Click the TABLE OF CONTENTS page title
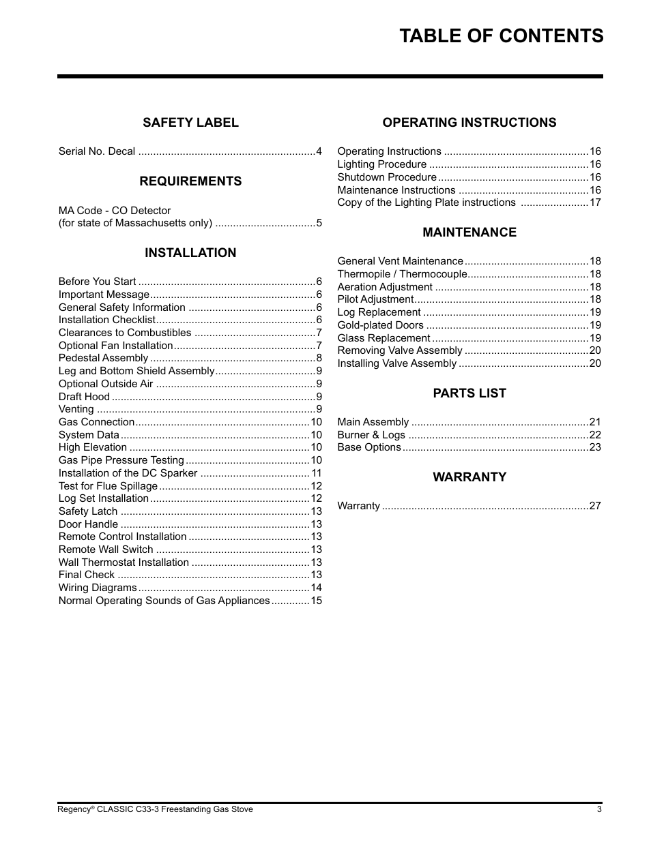click(x=501, y=36)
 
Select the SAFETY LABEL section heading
click(x=190, y=123)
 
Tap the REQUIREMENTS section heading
click(x=190, y=181)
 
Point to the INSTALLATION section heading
click(x=190, y=253)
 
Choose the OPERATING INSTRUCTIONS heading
click(x=469, y=123)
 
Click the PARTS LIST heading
click(x=469, y=393)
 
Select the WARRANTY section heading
click(x=469, y=477)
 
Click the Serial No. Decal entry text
click(x=97, y=151)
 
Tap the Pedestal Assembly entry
click(x=103, y=358)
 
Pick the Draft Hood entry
click(x=84, y=397)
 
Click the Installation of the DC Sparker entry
click(x=128, y=473)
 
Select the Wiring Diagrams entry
click(x=98, y=588)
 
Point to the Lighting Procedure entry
click(x=381, y=164)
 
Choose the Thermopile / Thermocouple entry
click(x=402, y=274)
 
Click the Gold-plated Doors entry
click(x=380, y=325)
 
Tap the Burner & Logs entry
click(x=371, y=435)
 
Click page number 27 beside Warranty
click(x=595, y=506)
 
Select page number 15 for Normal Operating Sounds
click(x=316, y=601)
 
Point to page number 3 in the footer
click(x=599, y=809)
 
